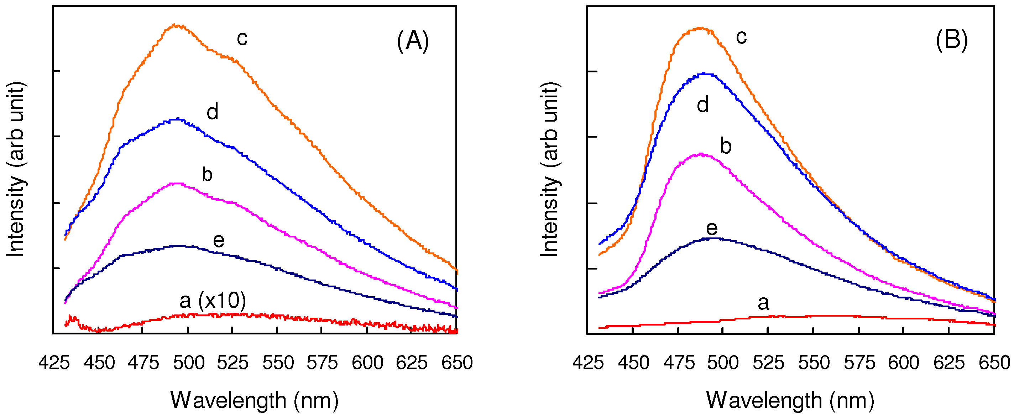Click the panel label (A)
point(413,41)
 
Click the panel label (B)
point(951,40)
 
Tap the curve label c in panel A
point(242,39)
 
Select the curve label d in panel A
point(213,112)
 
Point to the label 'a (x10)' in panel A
point(213,301)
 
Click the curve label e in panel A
point(219,240)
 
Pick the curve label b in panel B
point(726,146)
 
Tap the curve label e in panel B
point(712,229)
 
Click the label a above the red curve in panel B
point(763,303)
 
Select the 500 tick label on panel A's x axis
point(189,363)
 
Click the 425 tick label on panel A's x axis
point(54,363)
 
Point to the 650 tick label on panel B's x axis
point(994,363)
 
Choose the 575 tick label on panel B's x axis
point(859,363)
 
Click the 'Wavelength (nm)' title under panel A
point(254,400)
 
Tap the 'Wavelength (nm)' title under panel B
point(790,400)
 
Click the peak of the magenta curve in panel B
point(701,154)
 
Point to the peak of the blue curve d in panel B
point(704,74)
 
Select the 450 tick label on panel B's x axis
point(633,363)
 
